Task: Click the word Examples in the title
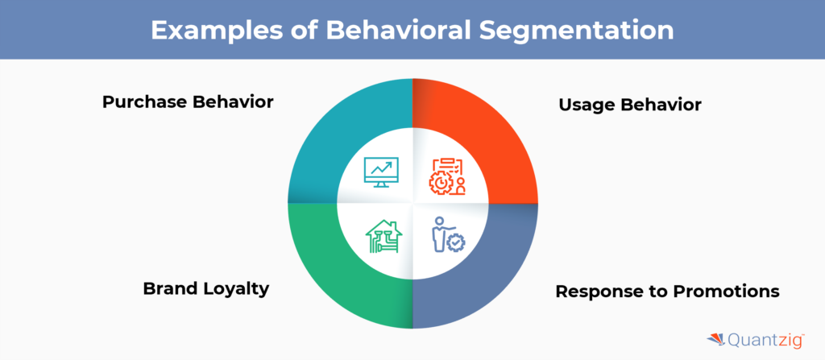pos(209,30)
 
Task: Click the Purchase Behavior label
pos(188,101)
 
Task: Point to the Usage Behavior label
pos(630,105)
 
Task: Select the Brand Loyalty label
pos(206,289)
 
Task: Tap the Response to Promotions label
pos(668,291)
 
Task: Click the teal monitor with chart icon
pos(381,172)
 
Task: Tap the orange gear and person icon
pos(446,176)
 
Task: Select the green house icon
pos(383,236)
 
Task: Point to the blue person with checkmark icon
pos(448,234)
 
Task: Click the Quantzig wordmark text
pos(765,341)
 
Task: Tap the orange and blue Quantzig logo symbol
pos(715,340)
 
